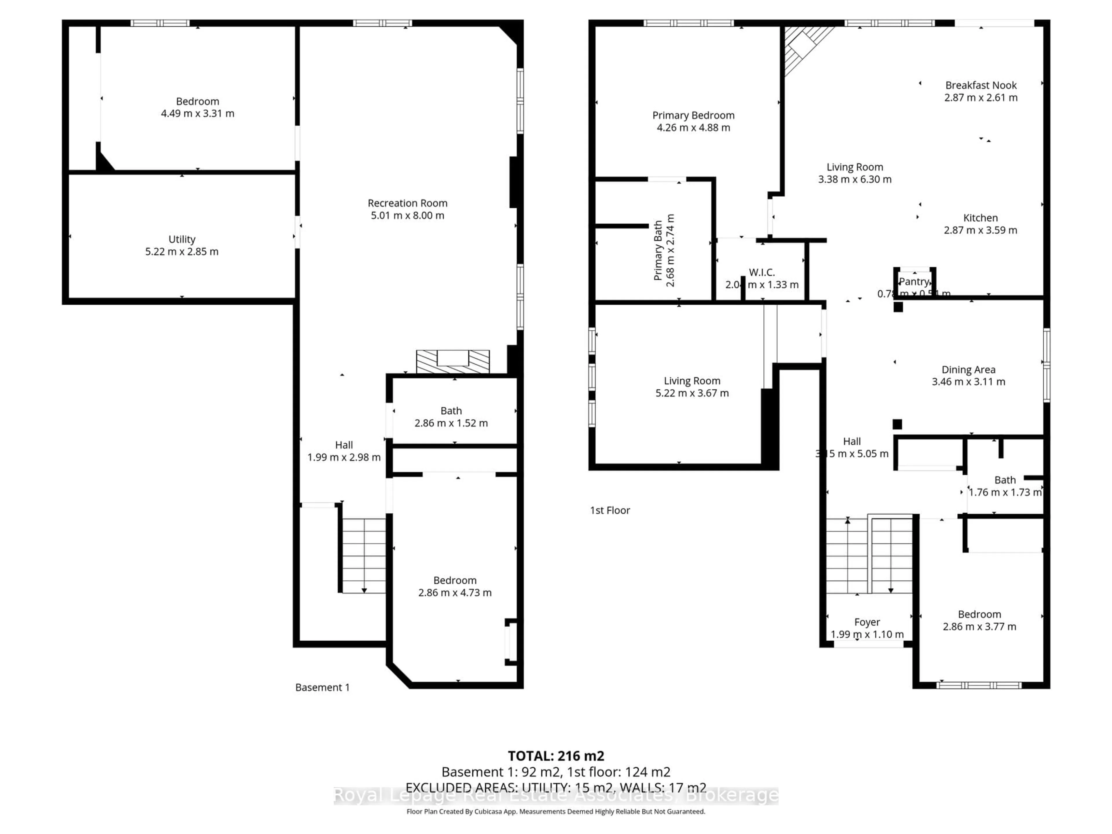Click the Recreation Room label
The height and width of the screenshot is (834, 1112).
[407, 203]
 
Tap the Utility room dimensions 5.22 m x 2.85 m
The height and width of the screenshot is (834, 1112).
[182, 251]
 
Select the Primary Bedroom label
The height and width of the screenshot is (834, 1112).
[693, 116]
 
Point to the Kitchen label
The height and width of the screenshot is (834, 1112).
[980, 218]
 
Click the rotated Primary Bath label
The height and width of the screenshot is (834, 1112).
[658, 250]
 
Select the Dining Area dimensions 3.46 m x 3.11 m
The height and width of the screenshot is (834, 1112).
[968, 382]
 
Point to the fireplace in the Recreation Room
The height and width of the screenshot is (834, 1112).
[452, 361]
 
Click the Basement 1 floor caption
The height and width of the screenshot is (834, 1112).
[322, 687]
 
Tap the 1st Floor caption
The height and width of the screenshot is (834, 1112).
[610, 510]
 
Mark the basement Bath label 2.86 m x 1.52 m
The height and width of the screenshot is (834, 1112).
[451, 417]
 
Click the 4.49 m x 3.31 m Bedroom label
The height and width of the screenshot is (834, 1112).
[197, 107]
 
